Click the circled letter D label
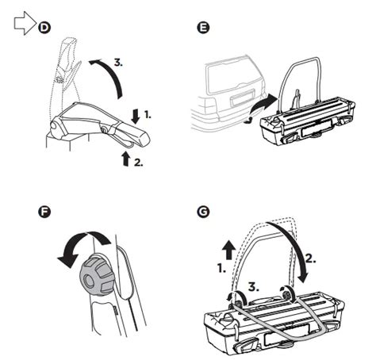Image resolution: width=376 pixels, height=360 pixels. tap(44, 27)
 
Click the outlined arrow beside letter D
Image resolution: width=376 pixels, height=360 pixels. tap(25, 26)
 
